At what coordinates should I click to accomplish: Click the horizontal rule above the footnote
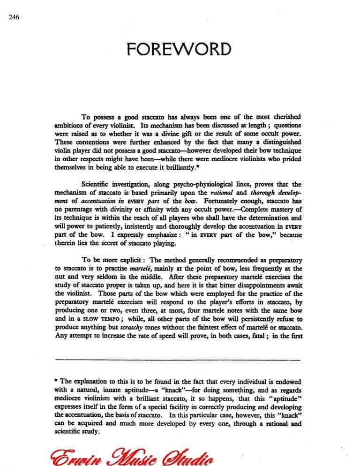click(178, 360)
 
